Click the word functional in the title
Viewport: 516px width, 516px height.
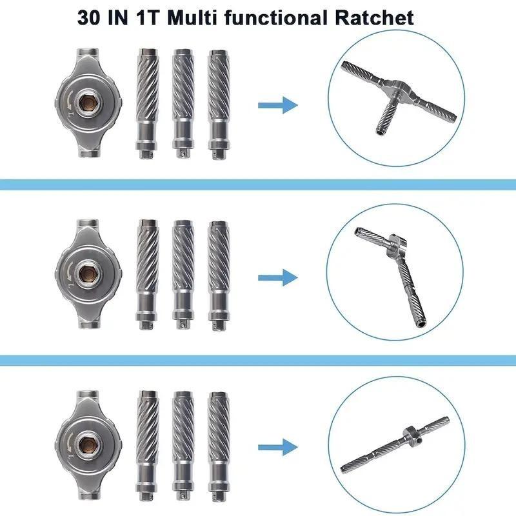(x=275, y=17)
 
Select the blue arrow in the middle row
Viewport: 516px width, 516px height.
(x=277, y=277)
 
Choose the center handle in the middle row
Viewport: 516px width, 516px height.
(x=182, y=273)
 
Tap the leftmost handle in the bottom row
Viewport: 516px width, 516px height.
(x=146, y=444)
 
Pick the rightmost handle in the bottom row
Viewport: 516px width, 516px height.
(x=218, y=444)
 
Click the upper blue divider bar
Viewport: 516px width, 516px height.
(x=258, y=185)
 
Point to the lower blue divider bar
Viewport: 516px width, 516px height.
(x=258, y=359)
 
